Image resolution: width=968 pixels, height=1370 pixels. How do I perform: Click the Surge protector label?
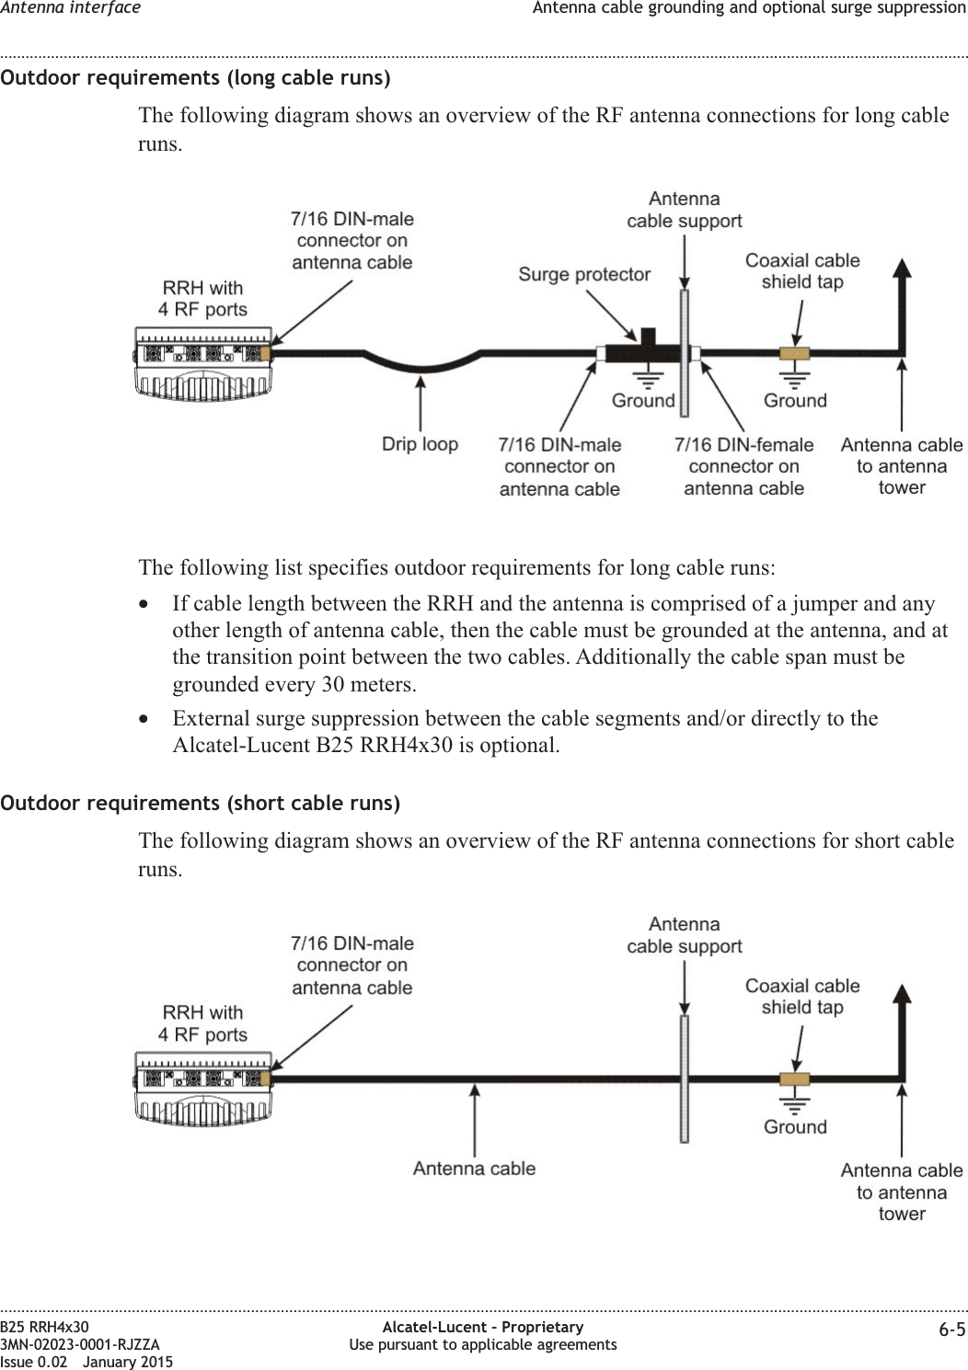[583, 274]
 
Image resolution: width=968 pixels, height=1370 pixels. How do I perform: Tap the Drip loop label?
[420, 444]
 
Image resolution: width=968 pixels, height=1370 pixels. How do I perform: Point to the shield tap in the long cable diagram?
[793, 353]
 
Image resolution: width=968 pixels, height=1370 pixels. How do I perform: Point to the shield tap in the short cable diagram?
[793, 1079]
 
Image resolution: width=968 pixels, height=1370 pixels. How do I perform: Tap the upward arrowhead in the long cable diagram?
[903, 268]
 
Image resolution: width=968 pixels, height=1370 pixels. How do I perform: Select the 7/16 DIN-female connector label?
[743, 466]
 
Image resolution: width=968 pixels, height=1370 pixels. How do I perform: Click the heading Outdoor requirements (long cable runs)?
[195, 77]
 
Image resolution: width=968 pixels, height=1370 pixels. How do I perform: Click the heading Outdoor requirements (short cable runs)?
[200, 803]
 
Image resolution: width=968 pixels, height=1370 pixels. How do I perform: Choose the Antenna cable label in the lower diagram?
[474, 1169]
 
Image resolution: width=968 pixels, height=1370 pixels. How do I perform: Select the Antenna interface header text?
[71, 8]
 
